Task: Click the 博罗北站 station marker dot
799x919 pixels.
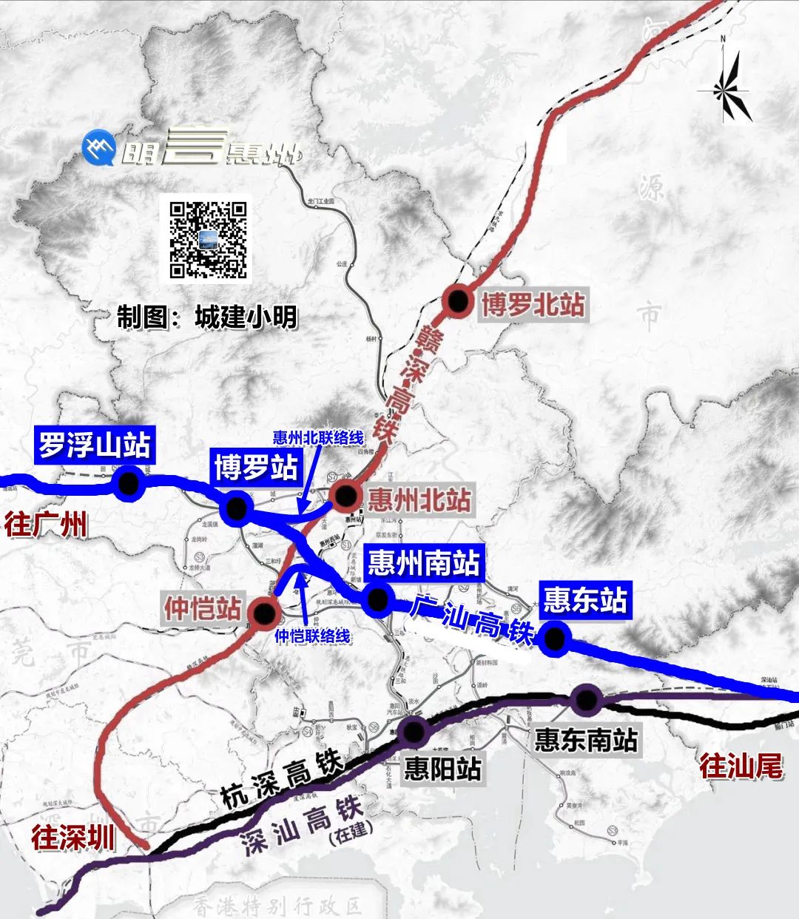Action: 458,301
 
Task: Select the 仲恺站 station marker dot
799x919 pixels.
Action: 263,612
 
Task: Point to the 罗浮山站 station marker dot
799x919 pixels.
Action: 129,482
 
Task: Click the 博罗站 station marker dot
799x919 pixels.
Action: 236,508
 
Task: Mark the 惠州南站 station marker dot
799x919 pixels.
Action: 377,599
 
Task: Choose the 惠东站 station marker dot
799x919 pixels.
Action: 553,637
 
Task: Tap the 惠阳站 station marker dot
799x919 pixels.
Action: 414,731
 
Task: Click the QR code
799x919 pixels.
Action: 209,239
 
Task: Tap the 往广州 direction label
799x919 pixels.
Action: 46,525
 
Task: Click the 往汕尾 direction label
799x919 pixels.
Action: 741,766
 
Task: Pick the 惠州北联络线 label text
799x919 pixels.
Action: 318,437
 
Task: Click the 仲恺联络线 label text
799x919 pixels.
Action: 312,636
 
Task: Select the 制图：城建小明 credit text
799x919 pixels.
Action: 207,317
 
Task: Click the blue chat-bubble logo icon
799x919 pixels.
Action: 98,149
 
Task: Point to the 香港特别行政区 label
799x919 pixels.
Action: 277,905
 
